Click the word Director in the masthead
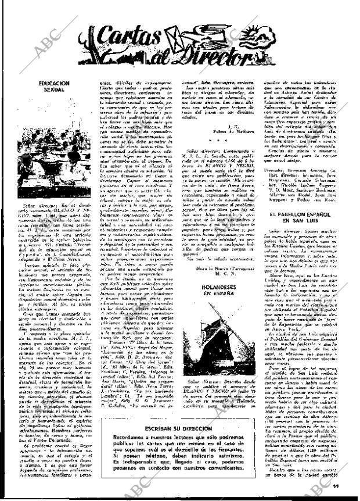(221, 57)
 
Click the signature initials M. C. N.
(217, 275)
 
